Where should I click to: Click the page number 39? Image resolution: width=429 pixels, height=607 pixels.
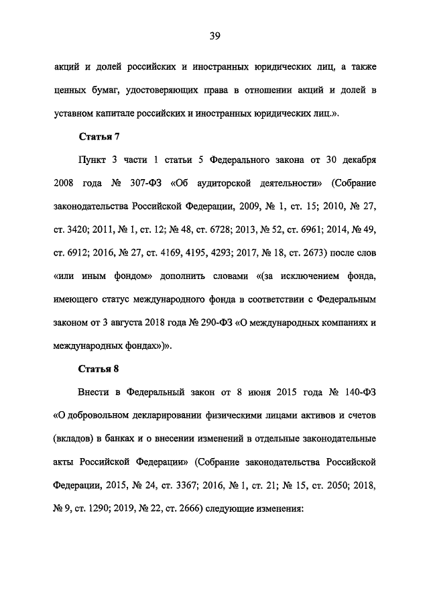pyautogui.click(x=214, y=36)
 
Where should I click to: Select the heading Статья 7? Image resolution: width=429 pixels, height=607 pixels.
pyautogui.click(x=99, y=137)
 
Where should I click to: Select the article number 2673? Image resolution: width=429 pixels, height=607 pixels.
pyautogui.click(x=306, y=253)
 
